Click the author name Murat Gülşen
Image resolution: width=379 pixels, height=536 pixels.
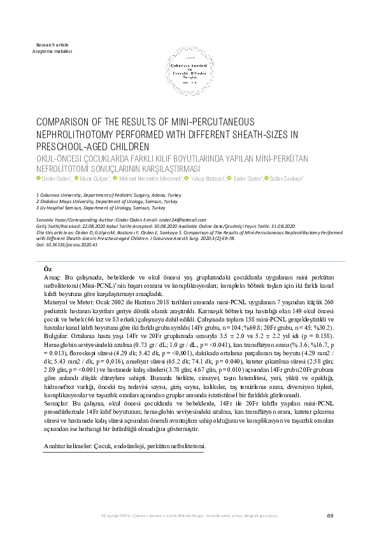(95, 179)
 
